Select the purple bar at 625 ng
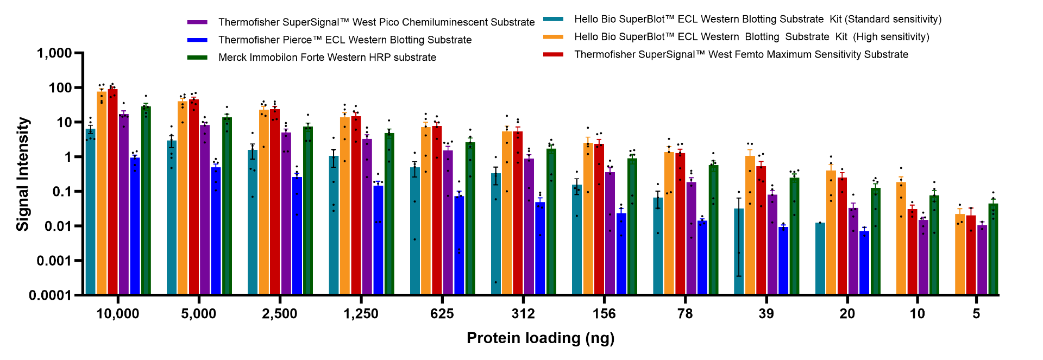pos(448,223)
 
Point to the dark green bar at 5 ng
pos(994,249)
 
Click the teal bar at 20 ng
pos(820,258)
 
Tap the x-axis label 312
pos(523,314)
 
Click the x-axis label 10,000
pos(117,314)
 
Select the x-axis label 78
pos(685,314)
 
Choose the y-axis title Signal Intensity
pos(22,174)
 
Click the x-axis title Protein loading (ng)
pos(541,338)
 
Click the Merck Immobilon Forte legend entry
pos(327,58)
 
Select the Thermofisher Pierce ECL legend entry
pos(344,40)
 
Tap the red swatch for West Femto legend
pos(553,54)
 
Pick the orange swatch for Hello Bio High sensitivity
pos(553,37)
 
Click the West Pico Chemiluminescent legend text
pos(376,22)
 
